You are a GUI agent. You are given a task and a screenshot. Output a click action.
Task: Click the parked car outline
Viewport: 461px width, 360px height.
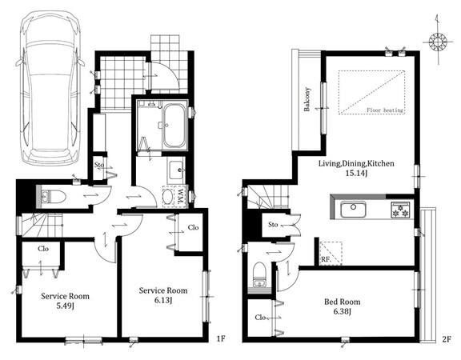(x=50, y=88)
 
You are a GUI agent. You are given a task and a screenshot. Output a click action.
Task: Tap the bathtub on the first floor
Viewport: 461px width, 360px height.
(x=174, y=126)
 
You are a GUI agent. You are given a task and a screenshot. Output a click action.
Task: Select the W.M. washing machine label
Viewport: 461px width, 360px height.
(x=181, y=196)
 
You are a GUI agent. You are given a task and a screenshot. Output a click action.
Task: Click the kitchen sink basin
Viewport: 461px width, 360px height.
(x=353, y=210)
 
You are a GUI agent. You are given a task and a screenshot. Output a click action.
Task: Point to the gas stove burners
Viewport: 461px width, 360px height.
(x=400, y=210)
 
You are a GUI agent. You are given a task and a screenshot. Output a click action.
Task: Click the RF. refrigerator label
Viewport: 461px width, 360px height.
(x=326, y=260)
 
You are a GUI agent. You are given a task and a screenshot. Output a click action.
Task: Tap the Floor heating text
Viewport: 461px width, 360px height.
(x=385, y=110)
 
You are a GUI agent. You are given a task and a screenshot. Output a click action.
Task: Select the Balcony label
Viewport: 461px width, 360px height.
(x=307, y=99)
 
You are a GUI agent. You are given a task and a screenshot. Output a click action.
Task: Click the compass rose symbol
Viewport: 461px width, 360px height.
(x=438, y=42)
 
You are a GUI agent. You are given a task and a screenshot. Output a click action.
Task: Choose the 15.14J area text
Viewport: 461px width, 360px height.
(x=356, y=174)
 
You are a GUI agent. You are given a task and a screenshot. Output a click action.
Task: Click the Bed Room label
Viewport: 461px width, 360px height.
(x=342, y=302)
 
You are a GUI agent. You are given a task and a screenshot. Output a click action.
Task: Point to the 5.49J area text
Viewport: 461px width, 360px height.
(x=65, y=306)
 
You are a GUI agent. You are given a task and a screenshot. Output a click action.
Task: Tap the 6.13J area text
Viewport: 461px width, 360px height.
(x=163, y=300)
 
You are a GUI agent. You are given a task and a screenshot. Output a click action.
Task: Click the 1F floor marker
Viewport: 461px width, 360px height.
(x=221, y=339)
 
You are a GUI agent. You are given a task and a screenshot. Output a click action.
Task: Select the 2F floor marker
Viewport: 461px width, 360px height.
(x=446, y=339)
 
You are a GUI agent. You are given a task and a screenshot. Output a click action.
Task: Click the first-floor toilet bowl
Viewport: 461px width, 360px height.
(x=54, y=196)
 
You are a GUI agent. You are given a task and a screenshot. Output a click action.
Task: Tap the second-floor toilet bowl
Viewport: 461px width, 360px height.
(x=259, y=274)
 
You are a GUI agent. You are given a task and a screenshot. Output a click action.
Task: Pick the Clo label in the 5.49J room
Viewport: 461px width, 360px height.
(x=43, y=249)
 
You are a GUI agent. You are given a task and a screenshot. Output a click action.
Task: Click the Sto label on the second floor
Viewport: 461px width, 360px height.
(x=273, y=225)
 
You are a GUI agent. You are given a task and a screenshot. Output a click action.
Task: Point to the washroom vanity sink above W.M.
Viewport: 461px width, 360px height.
(x=177, y=170)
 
